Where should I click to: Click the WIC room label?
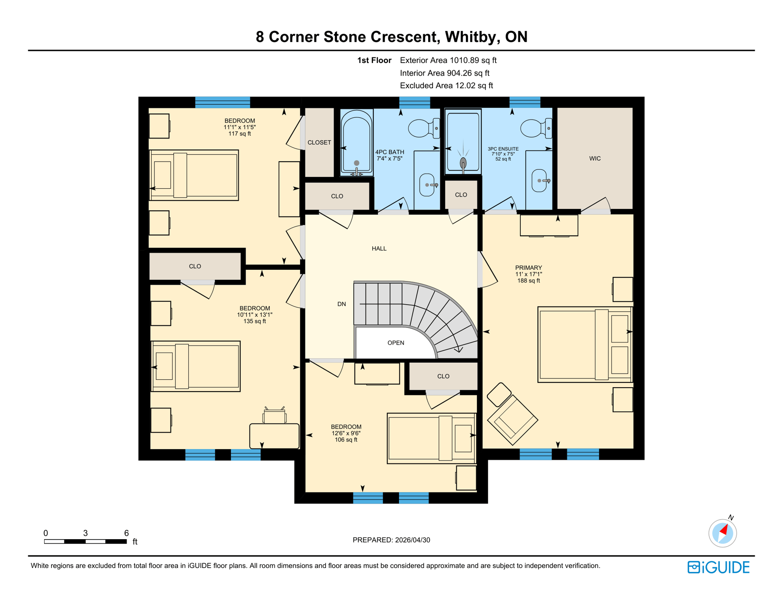pyautogui.click(x=595, y=159)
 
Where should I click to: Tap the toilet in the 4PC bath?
pyautogui.click(x=422, y=128)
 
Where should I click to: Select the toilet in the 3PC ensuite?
pyautogui.click(x=534, y=128)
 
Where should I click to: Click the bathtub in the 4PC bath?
pyautogui.click(x=356, y=143)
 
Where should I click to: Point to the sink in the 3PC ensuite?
pyautogui.click(x=539, y=180)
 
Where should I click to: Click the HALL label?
pyautogui.click(x=379, y=249)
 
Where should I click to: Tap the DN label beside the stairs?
pyautogui.click(x=341, y=304)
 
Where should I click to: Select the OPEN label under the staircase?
pyautogui.click(x=395, y=343)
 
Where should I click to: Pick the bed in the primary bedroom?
pyautogui.click(x=584, y=345)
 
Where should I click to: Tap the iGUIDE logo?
pyautogui.click(x=718, y=567)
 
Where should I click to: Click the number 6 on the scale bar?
pyautogui.click(x=126, y=533)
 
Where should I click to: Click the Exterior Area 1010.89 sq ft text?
pyautogui.click(x=448, y=60)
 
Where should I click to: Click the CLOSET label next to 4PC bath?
pyautogui.click(x=319, y=143)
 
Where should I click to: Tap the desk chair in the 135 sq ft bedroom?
pyautogui.click(x=275, y=416)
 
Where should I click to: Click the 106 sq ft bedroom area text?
pyautogui.click(x=346, y=440)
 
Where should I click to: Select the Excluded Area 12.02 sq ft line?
pyautogui.click(x=446, y=85)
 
